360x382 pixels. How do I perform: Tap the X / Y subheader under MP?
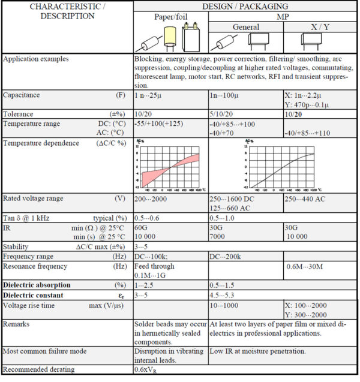pos(320,27)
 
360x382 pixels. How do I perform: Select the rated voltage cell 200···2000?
pos(154,198)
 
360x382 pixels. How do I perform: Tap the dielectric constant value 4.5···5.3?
pos(225,295)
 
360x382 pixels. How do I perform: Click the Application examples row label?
pos(36,59)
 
